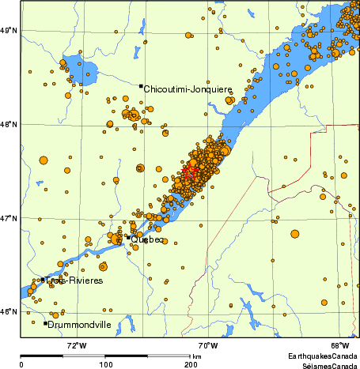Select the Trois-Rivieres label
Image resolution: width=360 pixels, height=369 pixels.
coord(74,281)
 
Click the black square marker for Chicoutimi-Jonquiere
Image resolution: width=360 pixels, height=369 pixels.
coord(141,85)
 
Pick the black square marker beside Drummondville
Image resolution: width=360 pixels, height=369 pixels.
coord(45,322)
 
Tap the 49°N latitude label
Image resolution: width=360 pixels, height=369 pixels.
coord(9,30)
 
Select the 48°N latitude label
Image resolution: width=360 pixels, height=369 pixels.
coord(9,124)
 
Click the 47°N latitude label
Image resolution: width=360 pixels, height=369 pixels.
coord(9,217)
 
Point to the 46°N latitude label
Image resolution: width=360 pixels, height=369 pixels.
coord(9,311)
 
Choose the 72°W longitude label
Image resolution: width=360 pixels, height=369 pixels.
coord(76,345)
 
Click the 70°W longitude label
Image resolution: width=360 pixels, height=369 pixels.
coord(208,345)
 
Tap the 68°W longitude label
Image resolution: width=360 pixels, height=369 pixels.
coord(340,345)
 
